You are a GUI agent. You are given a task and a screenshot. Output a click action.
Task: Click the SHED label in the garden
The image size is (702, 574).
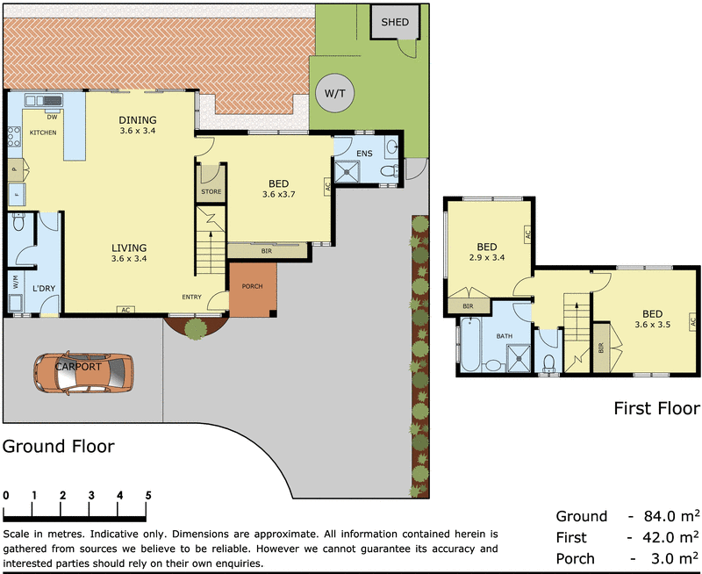[x=394, y=22]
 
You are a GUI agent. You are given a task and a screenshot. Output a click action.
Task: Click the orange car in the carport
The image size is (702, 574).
[x=82, y=372]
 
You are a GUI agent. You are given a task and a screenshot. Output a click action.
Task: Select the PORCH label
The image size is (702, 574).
[x=253, y=286]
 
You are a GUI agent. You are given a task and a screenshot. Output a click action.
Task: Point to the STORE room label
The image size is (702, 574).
[x=211, y=190]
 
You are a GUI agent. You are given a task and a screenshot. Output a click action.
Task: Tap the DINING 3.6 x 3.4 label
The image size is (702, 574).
[x=138, y=126]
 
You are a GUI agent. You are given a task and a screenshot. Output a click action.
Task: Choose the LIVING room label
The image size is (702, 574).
[x=129, y=253]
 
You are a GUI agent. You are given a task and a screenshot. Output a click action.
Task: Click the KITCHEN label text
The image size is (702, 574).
[x=44, y=133]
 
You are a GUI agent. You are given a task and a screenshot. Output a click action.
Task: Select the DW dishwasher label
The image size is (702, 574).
[x=53, y=116]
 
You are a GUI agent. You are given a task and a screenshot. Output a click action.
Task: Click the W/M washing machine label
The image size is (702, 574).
[x=16, y=283]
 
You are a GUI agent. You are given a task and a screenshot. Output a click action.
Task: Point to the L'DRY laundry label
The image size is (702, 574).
[x=45, y=289]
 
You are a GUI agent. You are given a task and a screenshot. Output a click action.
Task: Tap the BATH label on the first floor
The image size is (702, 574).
[x=504, y=336]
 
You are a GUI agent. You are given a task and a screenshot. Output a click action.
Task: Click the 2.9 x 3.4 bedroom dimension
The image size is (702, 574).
[x=487, y=258]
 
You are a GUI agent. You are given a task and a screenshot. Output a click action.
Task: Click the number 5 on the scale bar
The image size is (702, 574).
[x=148, y=495]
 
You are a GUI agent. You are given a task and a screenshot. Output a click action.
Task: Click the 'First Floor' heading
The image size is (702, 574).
[x=656, y=408]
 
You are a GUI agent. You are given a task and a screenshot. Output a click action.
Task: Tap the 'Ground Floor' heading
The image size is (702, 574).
[x=58, y=446]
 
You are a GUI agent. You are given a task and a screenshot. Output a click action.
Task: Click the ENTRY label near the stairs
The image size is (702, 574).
[x=192, y=298]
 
